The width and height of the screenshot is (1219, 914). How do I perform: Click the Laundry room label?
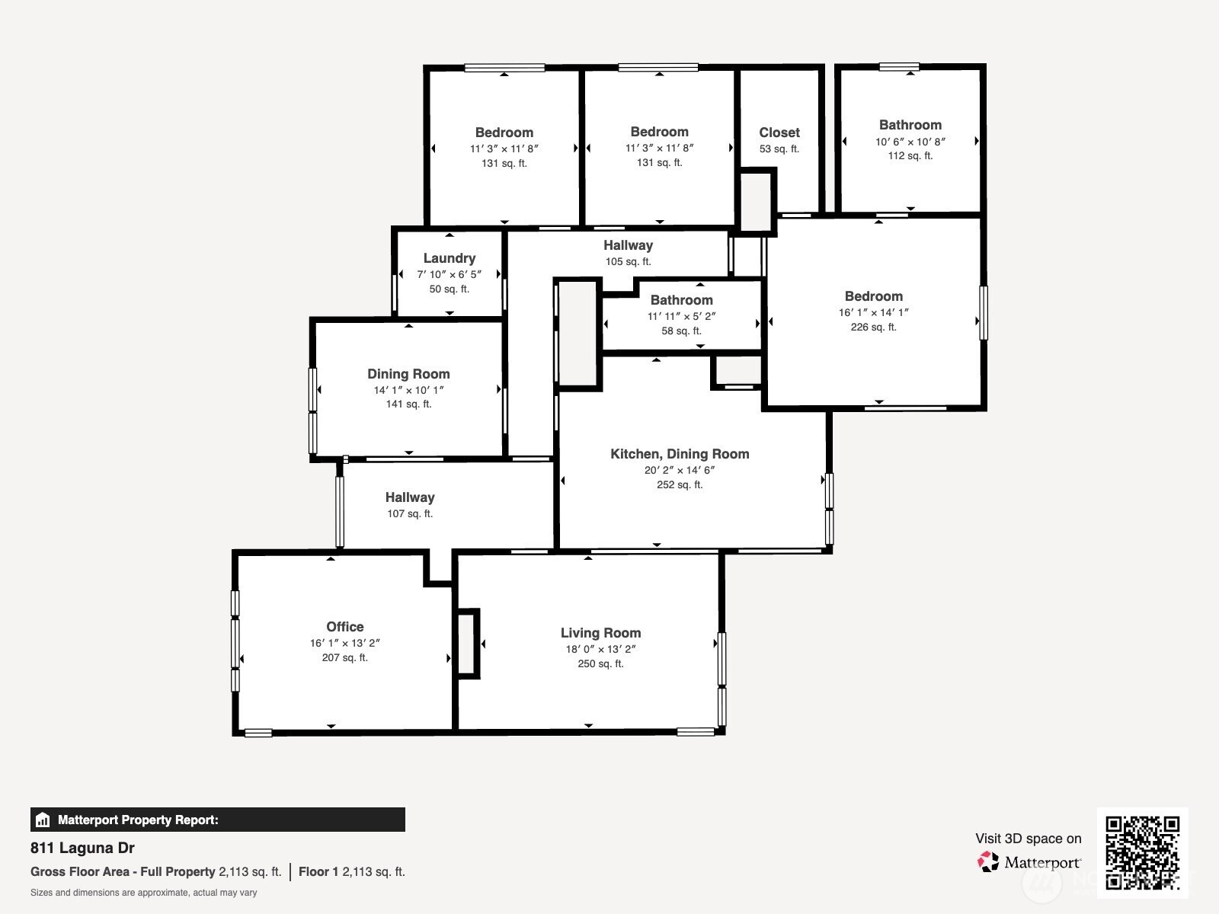tap(450, 258)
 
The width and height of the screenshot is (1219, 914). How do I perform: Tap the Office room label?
tap(345, 627)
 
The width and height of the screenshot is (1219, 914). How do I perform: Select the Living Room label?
tap(600, 633)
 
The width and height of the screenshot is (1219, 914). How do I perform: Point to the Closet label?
tap(779, 133)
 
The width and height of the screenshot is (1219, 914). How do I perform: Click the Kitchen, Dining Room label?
tap(680, 454)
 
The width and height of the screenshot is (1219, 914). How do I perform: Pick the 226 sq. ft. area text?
tap(874, 328)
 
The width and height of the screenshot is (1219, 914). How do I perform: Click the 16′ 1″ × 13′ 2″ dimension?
tap(345, 643)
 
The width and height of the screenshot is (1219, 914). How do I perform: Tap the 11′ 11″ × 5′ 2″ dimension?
tap(681, 316)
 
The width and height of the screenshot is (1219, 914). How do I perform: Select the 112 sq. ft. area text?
tap(910, 156)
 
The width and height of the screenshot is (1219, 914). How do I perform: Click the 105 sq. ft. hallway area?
tap(628, 261)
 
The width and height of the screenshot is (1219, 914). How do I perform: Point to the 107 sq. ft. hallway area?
tap(410, 514)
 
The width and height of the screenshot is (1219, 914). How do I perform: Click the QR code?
tap(1142, 853)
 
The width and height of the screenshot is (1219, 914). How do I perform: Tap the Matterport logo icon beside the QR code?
tap(987, 862)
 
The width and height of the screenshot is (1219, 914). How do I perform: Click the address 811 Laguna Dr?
tap(82, 848)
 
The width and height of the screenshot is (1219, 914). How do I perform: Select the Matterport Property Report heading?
tap(138, 820)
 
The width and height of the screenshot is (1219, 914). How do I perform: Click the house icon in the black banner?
tap(43, 820)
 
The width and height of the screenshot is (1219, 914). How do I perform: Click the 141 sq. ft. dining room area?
tap(408, 404)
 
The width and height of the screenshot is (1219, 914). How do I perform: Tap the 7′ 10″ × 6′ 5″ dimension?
tap(450, 275)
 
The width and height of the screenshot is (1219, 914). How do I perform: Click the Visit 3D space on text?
tap(1029, 839)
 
